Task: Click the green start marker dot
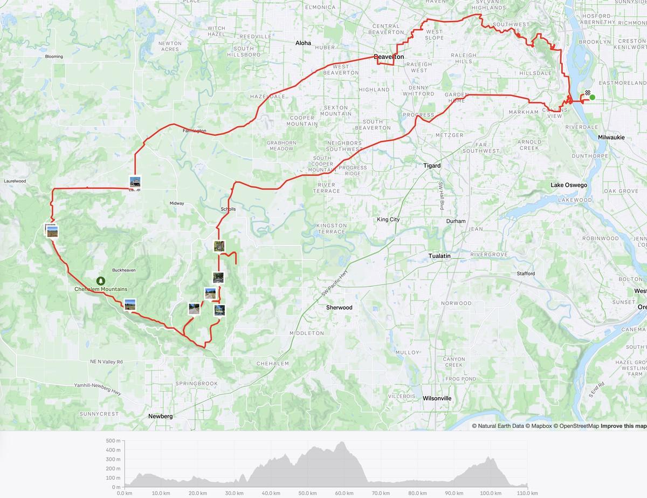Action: [592, 97]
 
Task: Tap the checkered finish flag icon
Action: [587, 92]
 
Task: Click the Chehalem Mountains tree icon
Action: [100, 281]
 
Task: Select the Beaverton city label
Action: [389, 57]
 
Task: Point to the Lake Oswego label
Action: [568, 185]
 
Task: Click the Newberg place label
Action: [160, 417]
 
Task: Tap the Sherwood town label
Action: [339, 308]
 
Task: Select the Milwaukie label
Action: [611, 138]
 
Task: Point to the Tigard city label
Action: [432, 166]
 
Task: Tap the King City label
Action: [390, 220]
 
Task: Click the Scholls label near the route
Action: [228, 209]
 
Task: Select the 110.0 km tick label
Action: [527, 493]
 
